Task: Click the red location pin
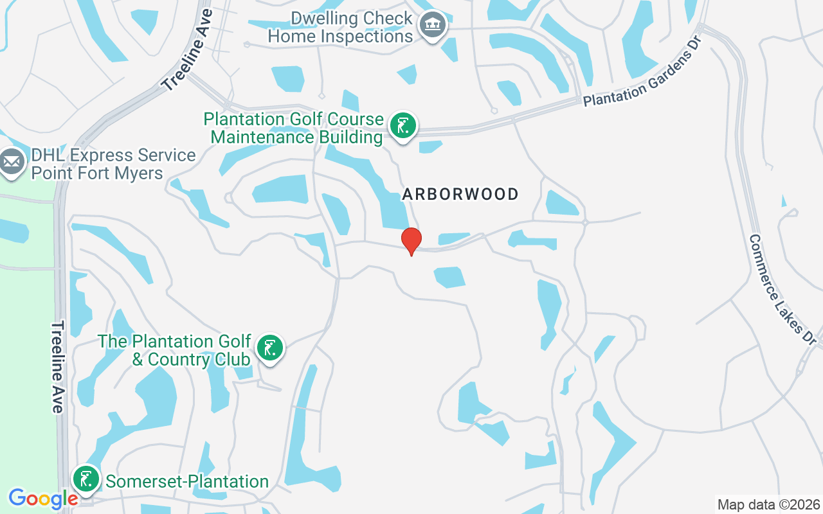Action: click(411, 240)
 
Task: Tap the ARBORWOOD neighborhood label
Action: click(460, 194)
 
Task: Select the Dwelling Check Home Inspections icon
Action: click(433, 26)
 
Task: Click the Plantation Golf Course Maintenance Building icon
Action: click(402, 125)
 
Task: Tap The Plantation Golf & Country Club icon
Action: click(270, 348)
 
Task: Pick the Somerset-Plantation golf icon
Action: click(86, 479)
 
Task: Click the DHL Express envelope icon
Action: click(11, 163)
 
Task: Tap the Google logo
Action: click(44, 499)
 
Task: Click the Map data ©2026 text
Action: click(769, 504)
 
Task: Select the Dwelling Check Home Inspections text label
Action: click(340, 27)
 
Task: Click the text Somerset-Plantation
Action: click(187, 481)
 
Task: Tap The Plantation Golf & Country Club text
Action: click(174, 350)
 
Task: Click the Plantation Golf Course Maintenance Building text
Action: click(294, 128)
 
